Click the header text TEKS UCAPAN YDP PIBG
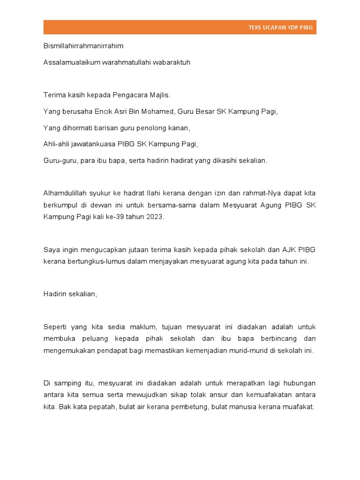tap(280, 28)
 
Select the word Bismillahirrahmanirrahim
tap(83, 46)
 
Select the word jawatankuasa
tap(89, 144)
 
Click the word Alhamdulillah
tap(65, 193)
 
